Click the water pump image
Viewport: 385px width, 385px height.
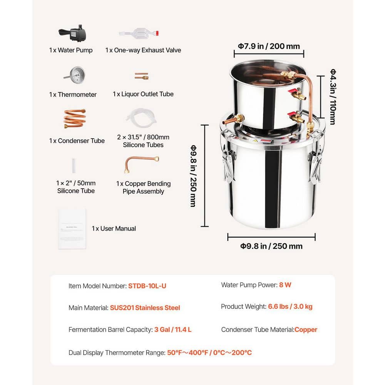click(x=72, y=35)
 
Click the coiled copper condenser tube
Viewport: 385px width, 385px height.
click(x=75, y=118)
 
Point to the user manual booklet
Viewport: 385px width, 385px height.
click(x=72, y=229)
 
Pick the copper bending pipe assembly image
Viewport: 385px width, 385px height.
click(x=141, y=164)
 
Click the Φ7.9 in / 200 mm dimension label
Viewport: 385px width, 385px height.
click(x=269, y=46)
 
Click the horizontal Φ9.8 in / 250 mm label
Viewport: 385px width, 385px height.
click(x=271, y=246)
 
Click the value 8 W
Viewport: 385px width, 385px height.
click(x=285, y=285)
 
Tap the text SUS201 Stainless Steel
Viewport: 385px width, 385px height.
click(x=145, y=308)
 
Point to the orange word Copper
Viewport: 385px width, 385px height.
click(x=306, y=330)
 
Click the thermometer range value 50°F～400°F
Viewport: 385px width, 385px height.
click(x=187, y=352)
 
